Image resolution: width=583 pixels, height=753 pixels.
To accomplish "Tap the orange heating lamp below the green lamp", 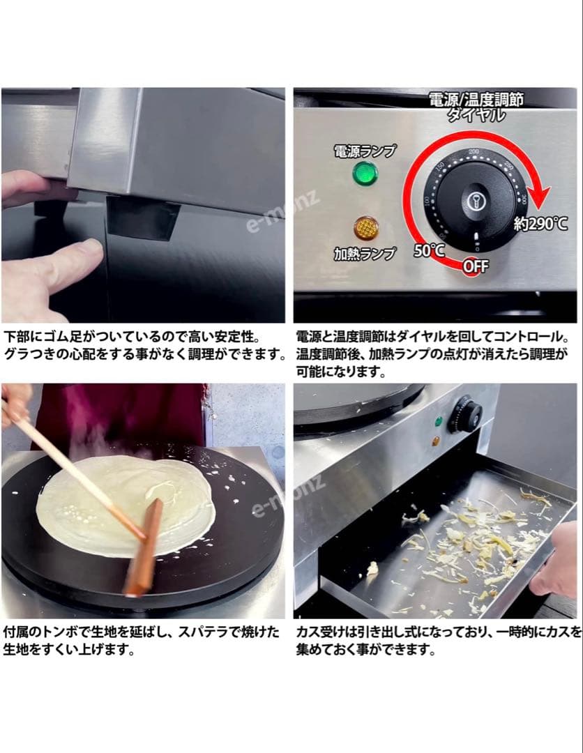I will pyautogui.click(x=365, y=228).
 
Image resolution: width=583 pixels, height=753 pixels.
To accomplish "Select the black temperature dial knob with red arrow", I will pyautogui.click(x=477, y=199).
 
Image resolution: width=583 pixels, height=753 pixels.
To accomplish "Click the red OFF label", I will pyautogui.click(x=476, y=266).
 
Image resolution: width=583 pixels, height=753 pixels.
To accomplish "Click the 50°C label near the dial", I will pyautogui.click(x=429, y=251).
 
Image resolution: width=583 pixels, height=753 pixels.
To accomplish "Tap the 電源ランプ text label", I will pyautogui.click(x=365, y=151).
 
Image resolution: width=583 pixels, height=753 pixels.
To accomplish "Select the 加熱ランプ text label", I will pyautogui.click(x=364, y=253).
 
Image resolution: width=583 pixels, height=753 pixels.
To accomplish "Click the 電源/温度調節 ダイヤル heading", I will pyautogui.click(x=476, y=105).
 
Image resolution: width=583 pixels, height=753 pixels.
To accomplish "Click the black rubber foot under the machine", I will pyautogui.click(x=142, y=217).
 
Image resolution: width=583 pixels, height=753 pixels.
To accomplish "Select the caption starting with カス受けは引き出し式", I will pyautogui.click(x=438, y=641).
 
